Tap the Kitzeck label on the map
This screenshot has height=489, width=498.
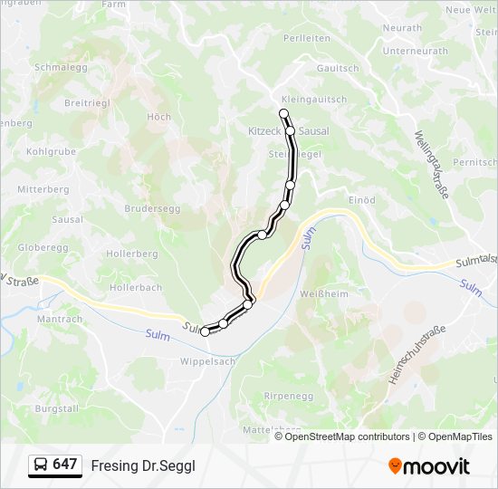click(x=265, y=131)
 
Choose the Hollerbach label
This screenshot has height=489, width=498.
click(x=136, y=288)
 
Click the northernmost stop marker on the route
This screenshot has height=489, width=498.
click(x=284, y=113)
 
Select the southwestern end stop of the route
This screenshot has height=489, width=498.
click(x=205, y=332)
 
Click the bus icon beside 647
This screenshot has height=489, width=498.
click(x=40, y=465)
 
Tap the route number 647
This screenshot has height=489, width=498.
click(x=65, y=465)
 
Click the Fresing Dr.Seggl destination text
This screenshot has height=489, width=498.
click(x=143, y=465)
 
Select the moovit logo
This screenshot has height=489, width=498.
click(x=429, y=465)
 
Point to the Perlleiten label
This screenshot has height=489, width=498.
click(x=306, y=38)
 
